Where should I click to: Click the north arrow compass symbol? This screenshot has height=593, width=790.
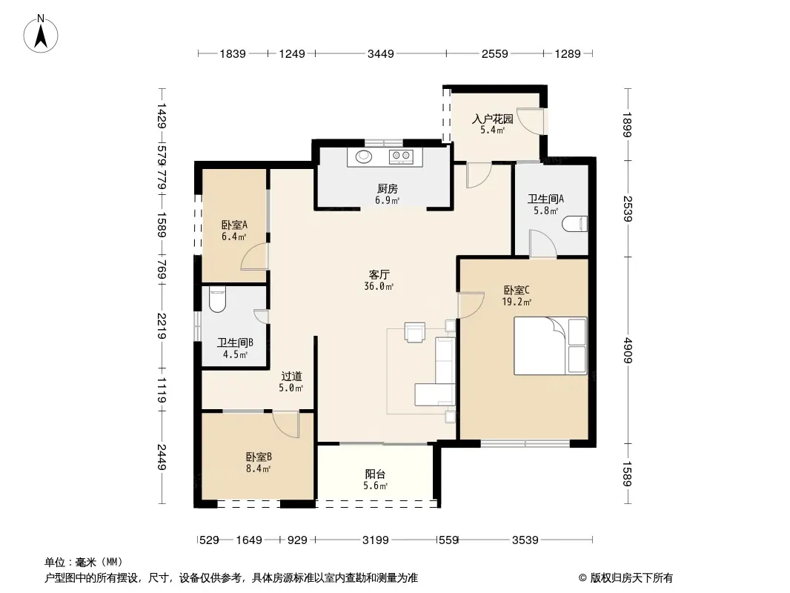pyautogui.click(x=41, y=34)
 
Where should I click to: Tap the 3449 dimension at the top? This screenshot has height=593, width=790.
pyautogui.click(x=380, y=53)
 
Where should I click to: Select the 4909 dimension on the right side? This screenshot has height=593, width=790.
pyautogui.click(x=627, y=350)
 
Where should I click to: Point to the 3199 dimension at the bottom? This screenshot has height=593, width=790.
pyautogui.click(x=375, y=540)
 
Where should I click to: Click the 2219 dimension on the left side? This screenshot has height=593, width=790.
pyautogui.click(x=162, y=326)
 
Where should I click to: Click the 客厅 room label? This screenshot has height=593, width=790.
pyautogui.click(x=379, y=274)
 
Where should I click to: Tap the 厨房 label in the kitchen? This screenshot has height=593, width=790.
pyautogui.click(x=387, y=189)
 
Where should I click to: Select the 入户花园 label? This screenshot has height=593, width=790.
pyautogui.click(x=492, y=119)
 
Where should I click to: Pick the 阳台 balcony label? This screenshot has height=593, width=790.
pyautogui.click(x=375, y=474)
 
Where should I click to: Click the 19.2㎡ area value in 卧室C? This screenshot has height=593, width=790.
pyautogui.click(x=517, y=302)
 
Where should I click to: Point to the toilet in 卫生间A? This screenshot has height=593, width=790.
pyautogui.click(x=575, y=224)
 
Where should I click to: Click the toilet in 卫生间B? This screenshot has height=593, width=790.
pyautogui.click(x=217, y=299)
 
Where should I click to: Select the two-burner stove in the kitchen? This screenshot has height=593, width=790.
pyautogui.click(x=401, y=156)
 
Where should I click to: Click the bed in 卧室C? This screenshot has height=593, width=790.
pyautogui.click(x=550, y=345)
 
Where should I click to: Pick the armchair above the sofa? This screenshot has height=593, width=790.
pyautogui.click(x=415, y=332)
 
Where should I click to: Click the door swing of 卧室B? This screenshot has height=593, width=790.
pyautogui.click(x=286, y=425)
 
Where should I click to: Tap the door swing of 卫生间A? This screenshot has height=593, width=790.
pyautogui.click(x=542, y=244)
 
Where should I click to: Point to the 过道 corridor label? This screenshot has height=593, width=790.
pyautogui.click(x=291, y=376)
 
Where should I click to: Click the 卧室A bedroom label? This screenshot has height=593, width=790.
pyautogui.click(x=234, y=225)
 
